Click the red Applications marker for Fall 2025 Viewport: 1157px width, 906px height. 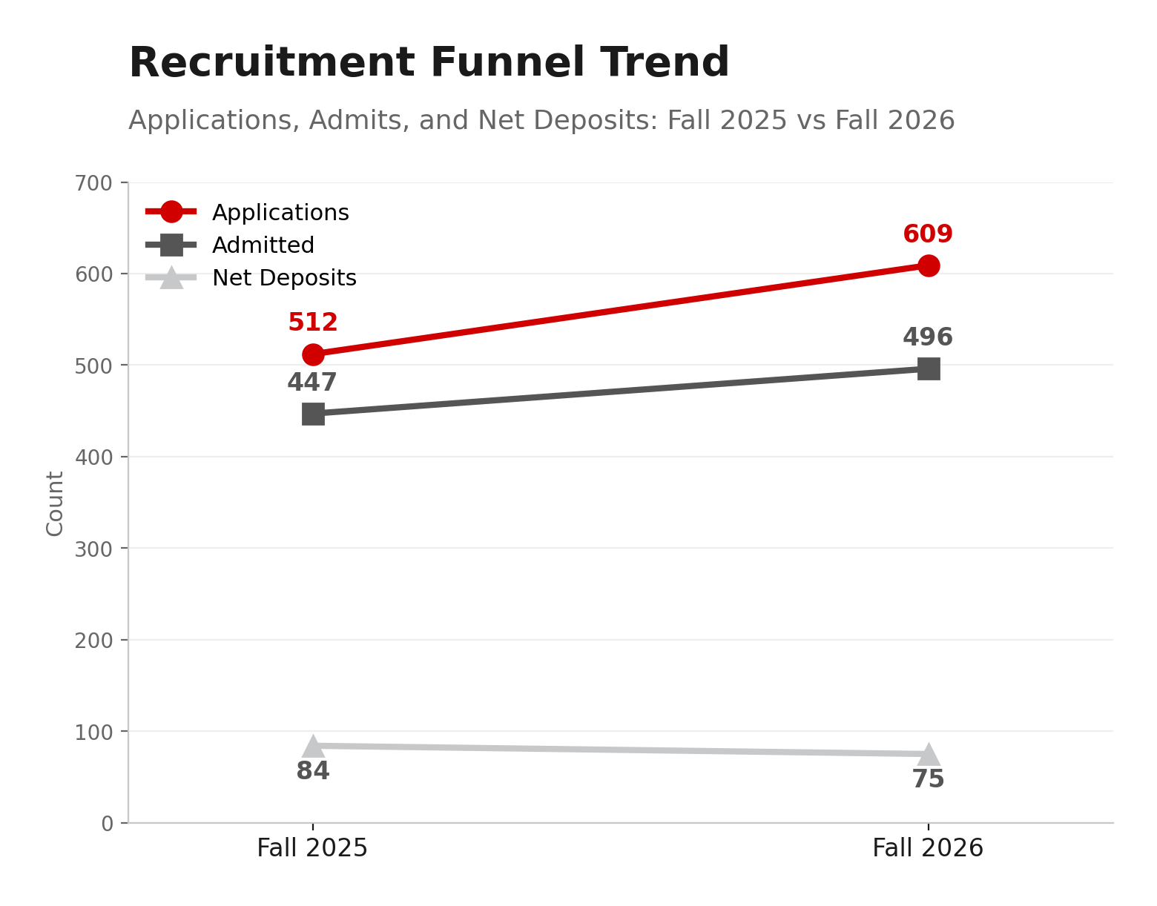(313, 354)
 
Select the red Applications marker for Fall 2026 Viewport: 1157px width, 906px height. (928, 265)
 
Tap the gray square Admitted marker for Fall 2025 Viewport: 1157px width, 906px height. (313, 414)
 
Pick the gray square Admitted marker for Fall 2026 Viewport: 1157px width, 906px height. (928, 368)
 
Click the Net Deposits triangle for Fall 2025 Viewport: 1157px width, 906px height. (313, 747)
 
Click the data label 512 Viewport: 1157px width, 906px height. (313, 323)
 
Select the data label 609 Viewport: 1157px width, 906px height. (928, 234)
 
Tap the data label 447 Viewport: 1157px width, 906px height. (312, 383)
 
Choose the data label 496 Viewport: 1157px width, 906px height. (928, 337)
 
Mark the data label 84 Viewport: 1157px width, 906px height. (313, 772)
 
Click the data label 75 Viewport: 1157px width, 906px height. (928, 779)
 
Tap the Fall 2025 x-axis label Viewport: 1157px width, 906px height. (312, 848)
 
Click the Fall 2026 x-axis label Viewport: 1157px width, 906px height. (928, 848)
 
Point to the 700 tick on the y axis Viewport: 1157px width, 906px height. (93, 182)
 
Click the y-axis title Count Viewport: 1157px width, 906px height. (55, 503)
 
